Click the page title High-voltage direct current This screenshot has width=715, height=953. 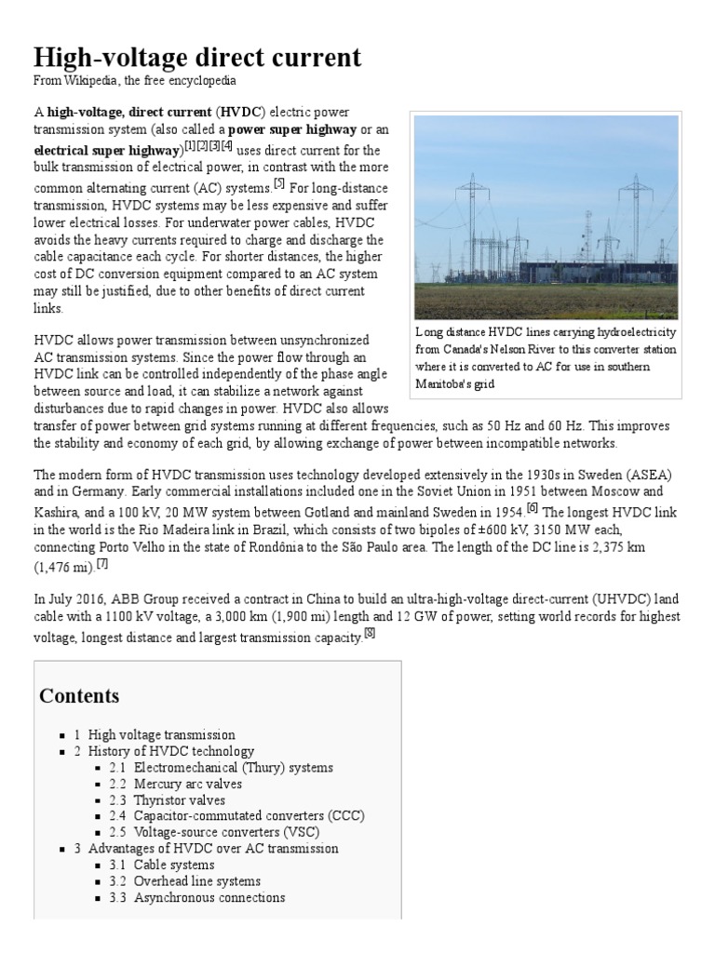tap(197, 57)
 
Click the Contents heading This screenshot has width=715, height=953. tap(79, 696)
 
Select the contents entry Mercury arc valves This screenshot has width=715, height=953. tap(187, 784)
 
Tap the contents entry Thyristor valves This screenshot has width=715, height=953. tap(179, 799)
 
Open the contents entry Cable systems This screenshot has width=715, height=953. tap(173, 865)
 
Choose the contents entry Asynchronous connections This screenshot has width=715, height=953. tap(209, 897)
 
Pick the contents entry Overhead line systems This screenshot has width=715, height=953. tap(196, 880)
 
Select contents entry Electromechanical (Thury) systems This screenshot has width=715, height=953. tap(233, 768)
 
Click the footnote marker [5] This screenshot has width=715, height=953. tap(278, 182)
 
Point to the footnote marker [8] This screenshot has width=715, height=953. tap(370, 634)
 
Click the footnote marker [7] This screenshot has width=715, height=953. tap(102, 563)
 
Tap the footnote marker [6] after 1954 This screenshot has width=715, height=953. tap(533, 507)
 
